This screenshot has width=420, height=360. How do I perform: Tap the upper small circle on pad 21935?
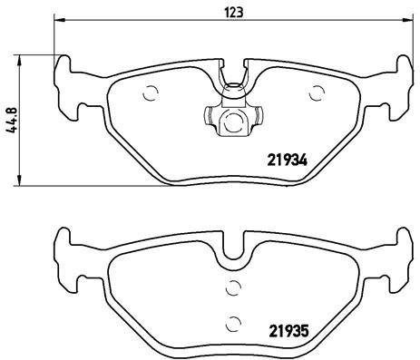233,288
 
